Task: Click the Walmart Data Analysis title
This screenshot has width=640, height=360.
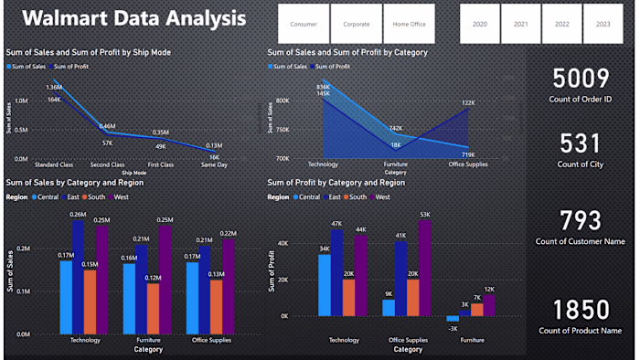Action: pos(133,19)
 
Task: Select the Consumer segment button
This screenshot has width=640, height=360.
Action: pos(304,24)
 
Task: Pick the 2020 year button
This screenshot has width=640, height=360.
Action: pos(479,24)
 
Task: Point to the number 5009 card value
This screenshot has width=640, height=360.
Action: pos(581,79)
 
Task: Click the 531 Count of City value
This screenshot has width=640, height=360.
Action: pos(581,143)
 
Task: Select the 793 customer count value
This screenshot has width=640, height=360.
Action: pos(581,220)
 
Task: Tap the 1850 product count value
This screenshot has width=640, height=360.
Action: pos(581,308)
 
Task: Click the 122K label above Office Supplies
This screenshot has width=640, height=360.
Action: pos(467,103)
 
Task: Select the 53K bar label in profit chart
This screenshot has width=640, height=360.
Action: pos(423,215)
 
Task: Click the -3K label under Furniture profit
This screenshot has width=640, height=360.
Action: pos(452,327)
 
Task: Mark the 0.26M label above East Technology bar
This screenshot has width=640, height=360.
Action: pos(78,214)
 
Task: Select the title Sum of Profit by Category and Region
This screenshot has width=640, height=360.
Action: pos(336,183)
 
